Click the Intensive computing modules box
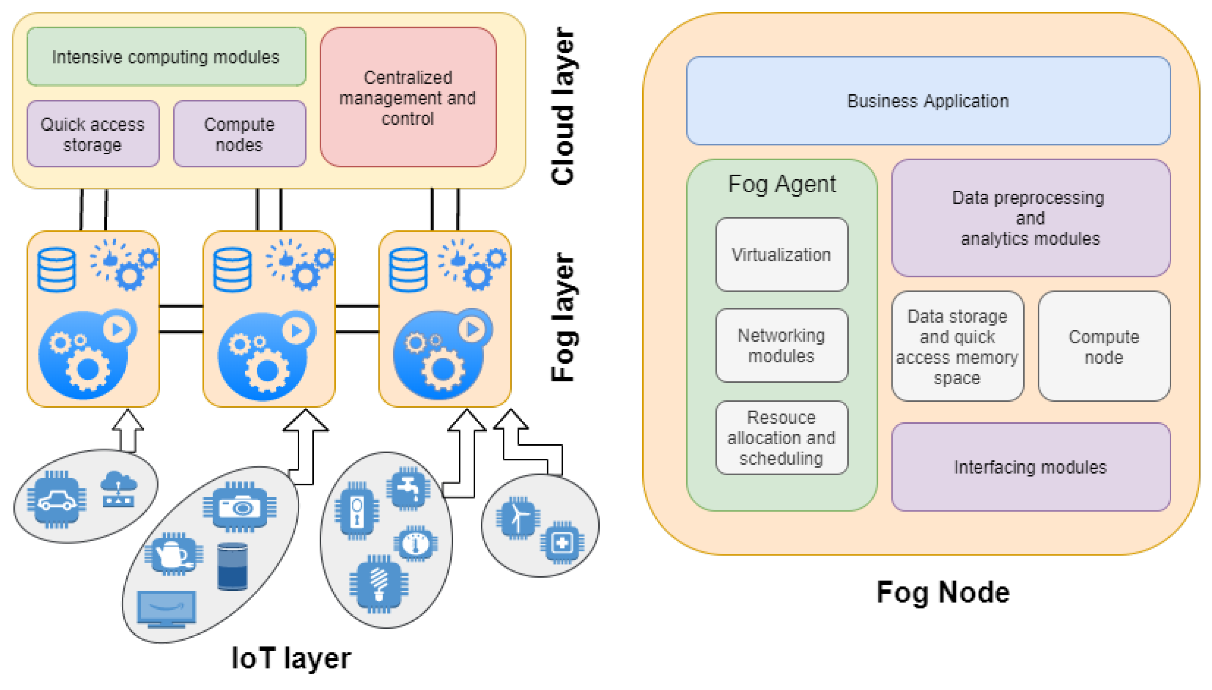(x=166, y=57)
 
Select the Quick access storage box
(x=93, y=134)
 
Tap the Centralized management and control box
(x=408, y=97)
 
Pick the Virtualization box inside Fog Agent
(x=782, y=255)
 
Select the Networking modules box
(x=782, y=345)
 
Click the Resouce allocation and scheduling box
(x=782, y=438)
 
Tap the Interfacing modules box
(x=1030, y=467)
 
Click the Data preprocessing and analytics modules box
(x=1030, y=218)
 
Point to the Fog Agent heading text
(x=782, y=184)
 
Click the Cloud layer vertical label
(x=563, y=107)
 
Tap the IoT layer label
(x=291, y=658)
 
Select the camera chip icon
(x=240, y=507)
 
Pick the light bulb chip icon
(x=378, y=584)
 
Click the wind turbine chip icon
(x=518, y=517)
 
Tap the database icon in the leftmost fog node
(x=56, y=269)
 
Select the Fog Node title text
(x=943, y=593)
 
